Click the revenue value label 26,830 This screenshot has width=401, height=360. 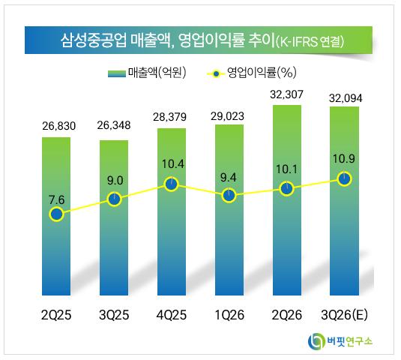click(x=58, y=126)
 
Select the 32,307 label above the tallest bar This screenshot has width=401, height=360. click(x=286, y=94)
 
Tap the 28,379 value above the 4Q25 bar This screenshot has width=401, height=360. click(x=170, y=117)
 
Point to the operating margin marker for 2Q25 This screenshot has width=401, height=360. click(x=57, y=214)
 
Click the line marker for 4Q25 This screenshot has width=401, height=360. click(x=172, y=184)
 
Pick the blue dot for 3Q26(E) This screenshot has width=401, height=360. click(x=344, y=178)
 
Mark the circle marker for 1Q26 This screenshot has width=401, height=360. click(x=229, y=196)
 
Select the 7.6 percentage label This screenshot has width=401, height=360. click(x=57, y=199)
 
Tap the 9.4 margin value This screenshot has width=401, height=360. click(x=229, y=178)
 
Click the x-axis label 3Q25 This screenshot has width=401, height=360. click(x=114, y=315)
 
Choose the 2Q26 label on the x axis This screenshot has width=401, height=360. click(x=286, y=315)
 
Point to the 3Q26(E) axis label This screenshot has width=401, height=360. click(x=345, y=315)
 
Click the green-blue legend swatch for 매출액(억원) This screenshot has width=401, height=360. click(x=117, y=73)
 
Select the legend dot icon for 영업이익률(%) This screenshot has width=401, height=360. click(x=217, y=74)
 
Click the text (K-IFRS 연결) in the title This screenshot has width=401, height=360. click(x=310, y=42)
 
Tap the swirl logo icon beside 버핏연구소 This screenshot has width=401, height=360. click(x=316, y=341)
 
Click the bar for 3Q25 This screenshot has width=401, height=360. click(x=114, y=217)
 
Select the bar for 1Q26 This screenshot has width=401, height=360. click(x=229, y=210)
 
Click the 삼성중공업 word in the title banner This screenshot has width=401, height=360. click(x=94, y=40)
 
